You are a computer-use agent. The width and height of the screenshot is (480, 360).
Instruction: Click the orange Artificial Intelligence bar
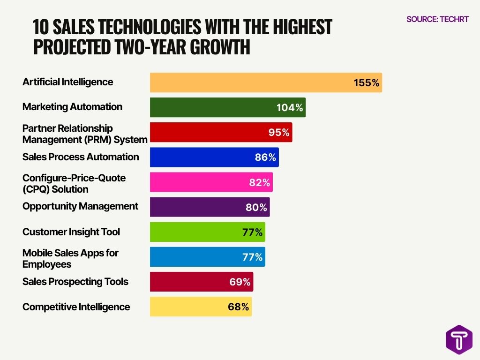248,82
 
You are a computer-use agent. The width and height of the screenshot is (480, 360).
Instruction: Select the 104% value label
290,108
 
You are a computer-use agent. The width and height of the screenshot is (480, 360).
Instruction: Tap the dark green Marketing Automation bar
211,107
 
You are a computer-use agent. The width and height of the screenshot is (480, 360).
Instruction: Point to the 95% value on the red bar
279,133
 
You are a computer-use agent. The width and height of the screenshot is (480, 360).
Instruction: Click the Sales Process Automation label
81,157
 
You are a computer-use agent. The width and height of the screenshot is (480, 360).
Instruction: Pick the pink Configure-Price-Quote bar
197,182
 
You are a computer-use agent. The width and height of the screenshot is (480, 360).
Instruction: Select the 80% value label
256,207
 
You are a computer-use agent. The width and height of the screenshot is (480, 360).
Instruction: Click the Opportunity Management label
80,206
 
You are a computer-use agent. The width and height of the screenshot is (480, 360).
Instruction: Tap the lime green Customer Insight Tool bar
197,232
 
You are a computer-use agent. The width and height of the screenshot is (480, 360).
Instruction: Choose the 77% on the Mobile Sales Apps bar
253,257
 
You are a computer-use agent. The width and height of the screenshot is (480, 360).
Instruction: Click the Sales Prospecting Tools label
75,282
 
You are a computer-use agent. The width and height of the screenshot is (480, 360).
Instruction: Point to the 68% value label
239,307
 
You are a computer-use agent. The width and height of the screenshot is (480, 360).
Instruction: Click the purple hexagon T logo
459,339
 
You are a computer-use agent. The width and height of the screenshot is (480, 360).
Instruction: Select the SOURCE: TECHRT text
437,20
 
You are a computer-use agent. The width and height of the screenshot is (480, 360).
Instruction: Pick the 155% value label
366,83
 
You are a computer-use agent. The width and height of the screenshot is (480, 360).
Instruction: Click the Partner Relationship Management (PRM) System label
84,134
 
